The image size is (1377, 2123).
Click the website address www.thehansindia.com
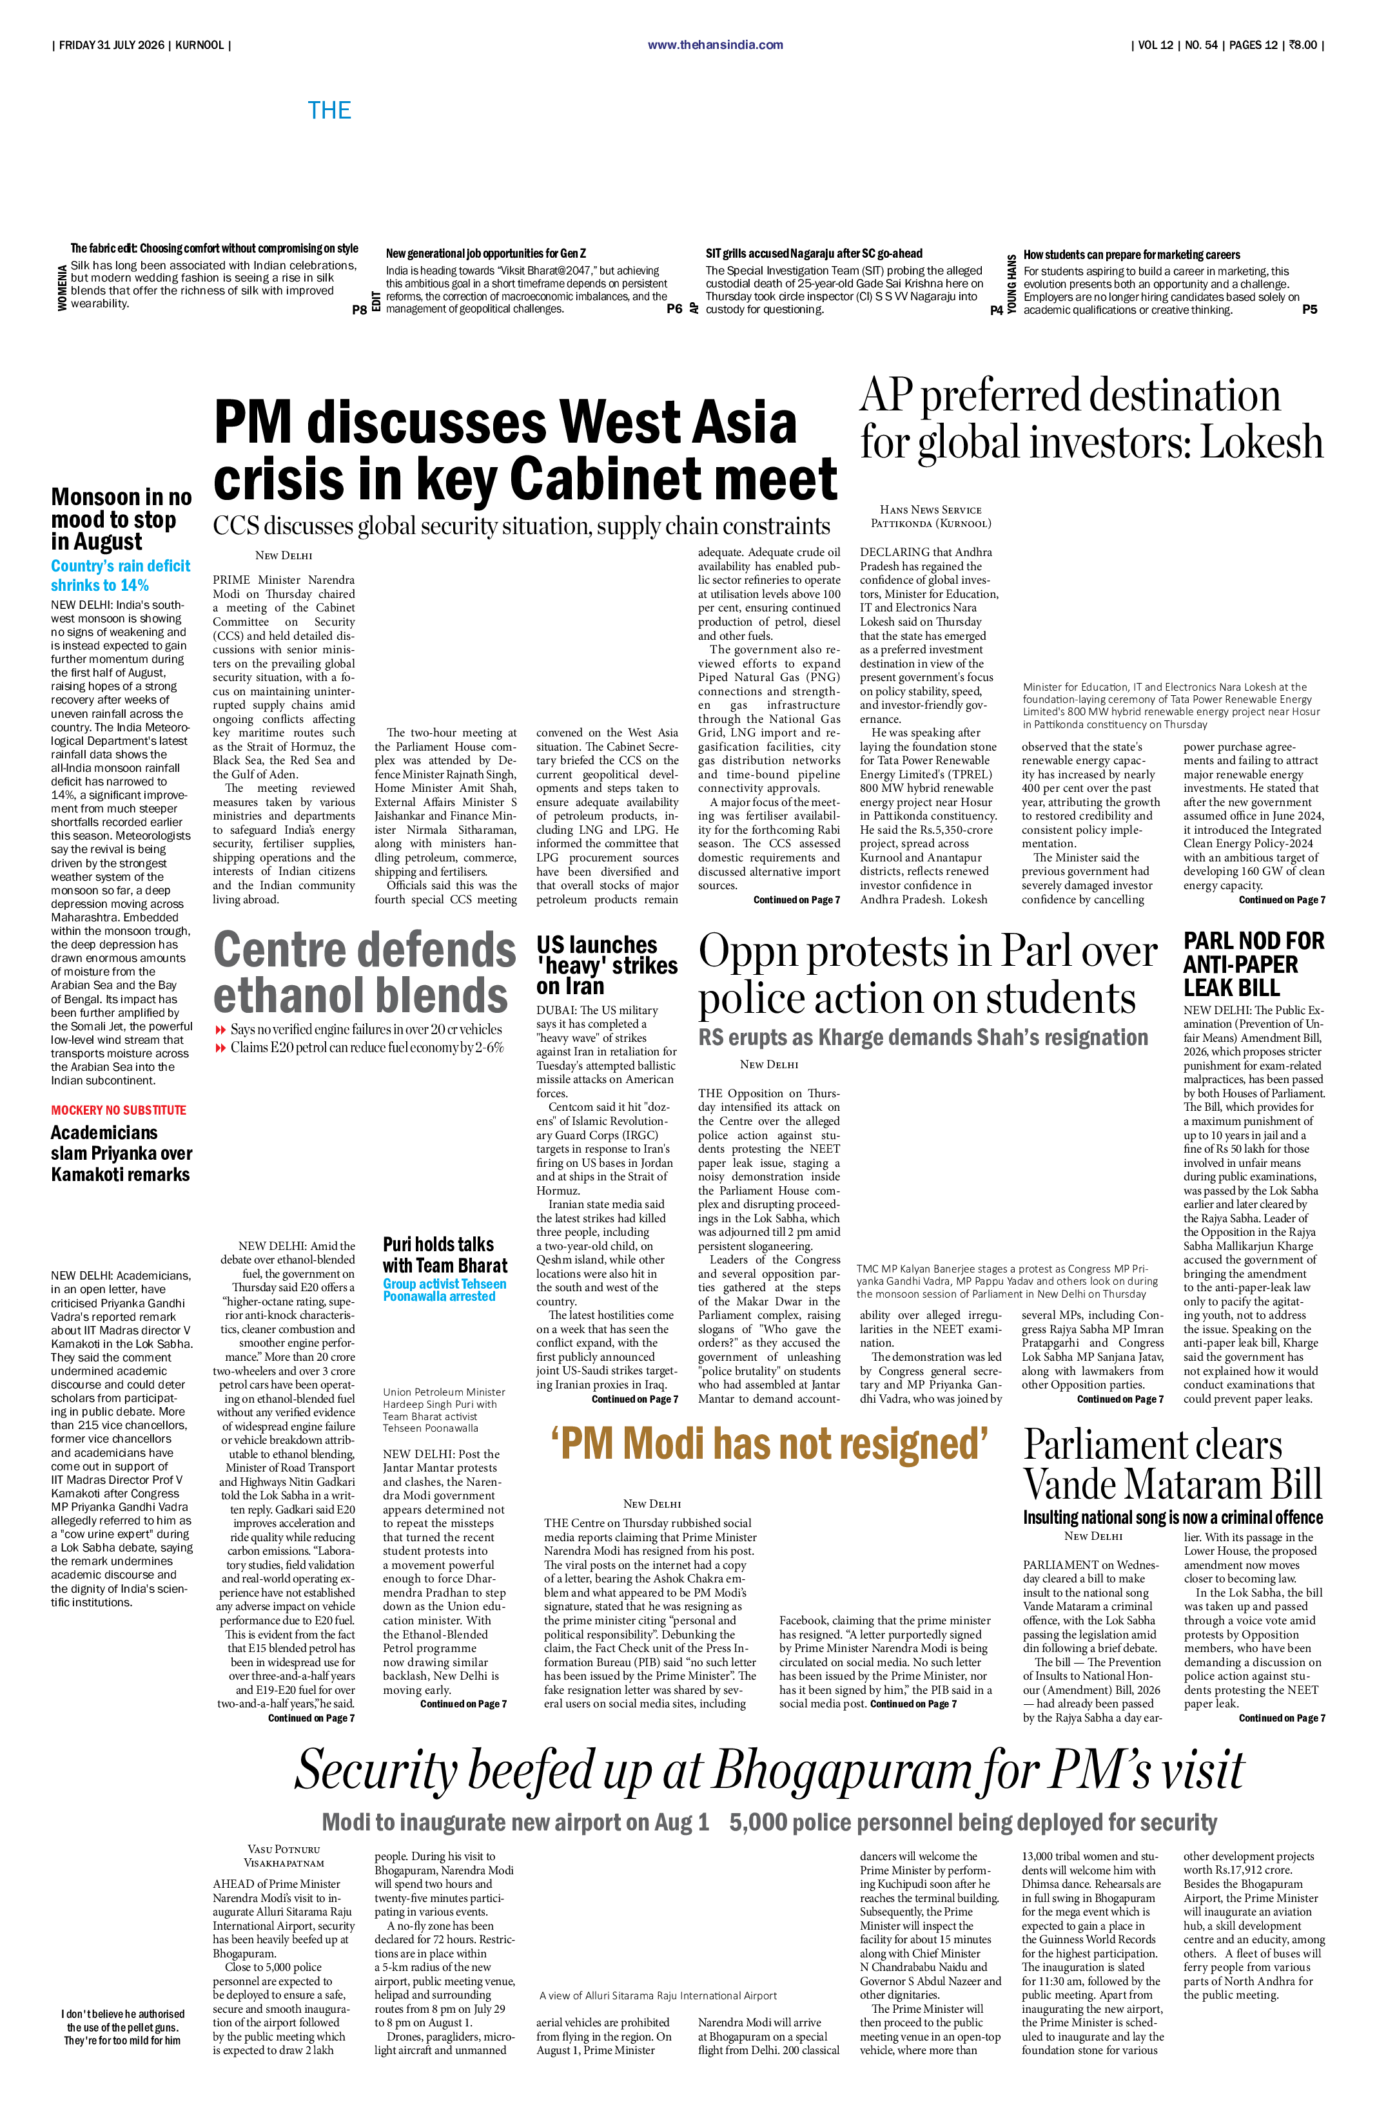pos(715,44)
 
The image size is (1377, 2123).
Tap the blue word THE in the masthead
pos(329,111)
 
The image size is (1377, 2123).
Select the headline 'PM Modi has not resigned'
pos(769,1444)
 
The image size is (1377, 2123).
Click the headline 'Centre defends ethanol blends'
pos(364,972)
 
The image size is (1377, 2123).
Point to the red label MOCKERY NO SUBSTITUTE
pos(119,1110)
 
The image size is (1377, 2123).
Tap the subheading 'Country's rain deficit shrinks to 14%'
pos(121,575)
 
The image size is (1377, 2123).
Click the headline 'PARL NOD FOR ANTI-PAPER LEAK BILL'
pos(1254,965)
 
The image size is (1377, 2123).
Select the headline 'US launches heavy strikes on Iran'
pos(607,965)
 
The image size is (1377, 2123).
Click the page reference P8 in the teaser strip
pos(360,309)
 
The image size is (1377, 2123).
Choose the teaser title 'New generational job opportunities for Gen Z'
pos(485,253)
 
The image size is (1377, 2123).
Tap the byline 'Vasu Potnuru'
pos(284,1849)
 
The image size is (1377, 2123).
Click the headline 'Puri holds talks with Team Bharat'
pos(444,1254)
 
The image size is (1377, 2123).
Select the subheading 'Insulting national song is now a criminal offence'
pos(1173,1517)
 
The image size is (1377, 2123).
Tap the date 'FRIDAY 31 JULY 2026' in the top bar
pos(112,44)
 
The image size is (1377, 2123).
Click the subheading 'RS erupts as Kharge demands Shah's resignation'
pos(923,1037)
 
